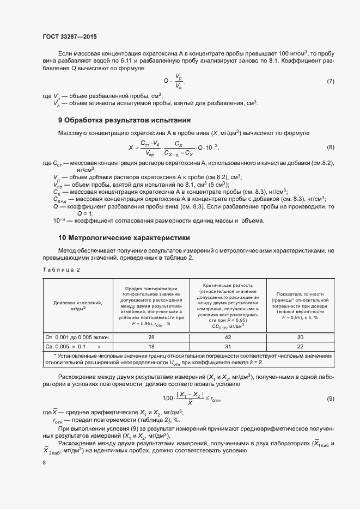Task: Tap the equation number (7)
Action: (x=330, y=81)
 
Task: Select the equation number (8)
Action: (x=330, y=148)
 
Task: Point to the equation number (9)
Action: (x=330, y=399)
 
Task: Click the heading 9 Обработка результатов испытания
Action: (x=124, y=120)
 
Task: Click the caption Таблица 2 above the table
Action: (x=61, y=269)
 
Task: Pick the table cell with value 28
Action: (x=151, y=337)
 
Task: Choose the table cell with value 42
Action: (x=228, y=337)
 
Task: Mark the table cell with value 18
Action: (x=151, y=346)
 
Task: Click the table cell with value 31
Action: (x=228, y=346)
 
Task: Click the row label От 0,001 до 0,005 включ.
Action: (x=78, y=337)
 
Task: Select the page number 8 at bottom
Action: (x=44, y=462)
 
